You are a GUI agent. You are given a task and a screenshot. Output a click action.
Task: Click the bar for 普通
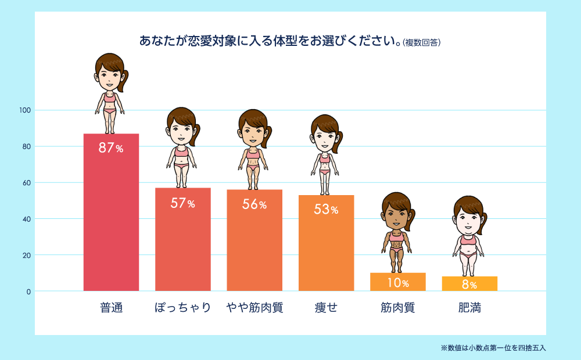coord(111,221)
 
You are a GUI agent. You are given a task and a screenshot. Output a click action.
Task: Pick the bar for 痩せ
coord(326,250)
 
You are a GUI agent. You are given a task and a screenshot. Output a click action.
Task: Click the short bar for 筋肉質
coord(398,282)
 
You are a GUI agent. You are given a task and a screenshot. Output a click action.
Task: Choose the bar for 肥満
coord(469,283)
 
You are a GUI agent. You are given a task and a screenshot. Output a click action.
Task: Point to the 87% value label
coord(111,148)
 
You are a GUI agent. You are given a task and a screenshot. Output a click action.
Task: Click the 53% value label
coord(326,210)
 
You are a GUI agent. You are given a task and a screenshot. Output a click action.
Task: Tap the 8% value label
coord(469,285)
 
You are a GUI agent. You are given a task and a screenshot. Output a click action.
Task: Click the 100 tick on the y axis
coord(25,110)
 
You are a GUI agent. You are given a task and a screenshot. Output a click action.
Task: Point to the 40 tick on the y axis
coord(27,219)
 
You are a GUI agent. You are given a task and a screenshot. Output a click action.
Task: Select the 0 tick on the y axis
coord(28,291)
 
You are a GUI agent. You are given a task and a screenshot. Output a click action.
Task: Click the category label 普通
coord(111,308)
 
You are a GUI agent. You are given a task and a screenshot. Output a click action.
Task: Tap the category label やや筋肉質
coord(254,308)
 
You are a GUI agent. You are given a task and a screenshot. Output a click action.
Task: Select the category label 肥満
coord(469,308)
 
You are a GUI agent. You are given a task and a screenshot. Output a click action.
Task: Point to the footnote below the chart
coord(493,348)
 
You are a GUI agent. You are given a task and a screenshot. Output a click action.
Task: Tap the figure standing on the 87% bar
coord(110,93)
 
